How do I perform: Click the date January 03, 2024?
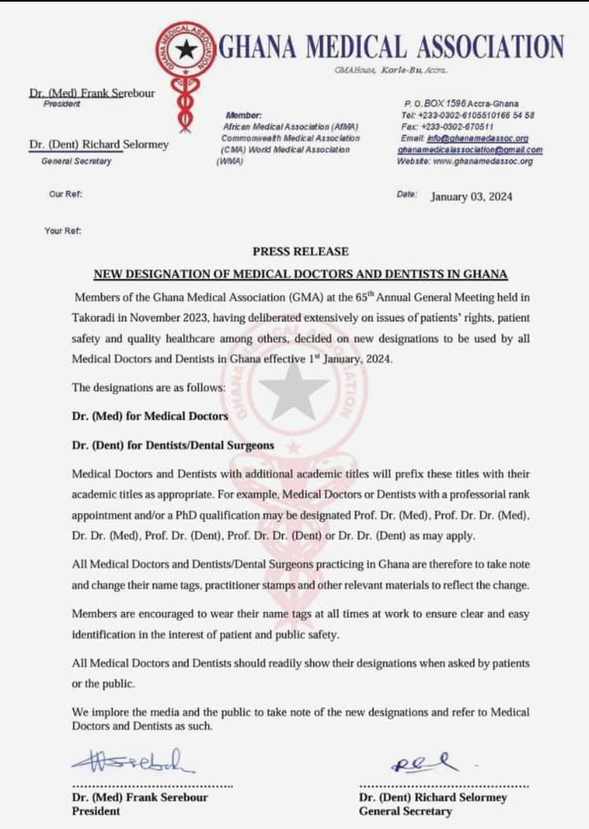point(471,197)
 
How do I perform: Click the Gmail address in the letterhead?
point(470,150)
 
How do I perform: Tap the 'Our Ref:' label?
point(66,195)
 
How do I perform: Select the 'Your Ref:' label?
point(63,231)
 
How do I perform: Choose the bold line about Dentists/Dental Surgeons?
point(173,446)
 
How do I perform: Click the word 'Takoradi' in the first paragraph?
point(97,317)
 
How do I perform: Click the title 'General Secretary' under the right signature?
point(405,811)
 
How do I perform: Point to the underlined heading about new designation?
point(300,274)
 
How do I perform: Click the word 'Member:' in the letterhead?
point(243,116)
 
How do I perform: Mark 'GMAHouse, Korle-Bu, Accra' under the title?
point(392,71)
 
